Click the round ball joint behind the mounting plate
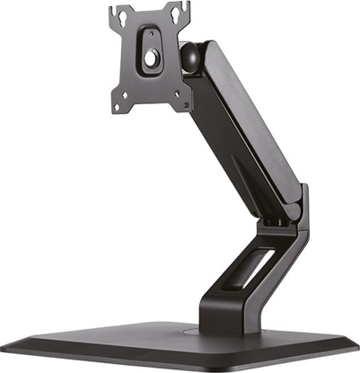point(191,56)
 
